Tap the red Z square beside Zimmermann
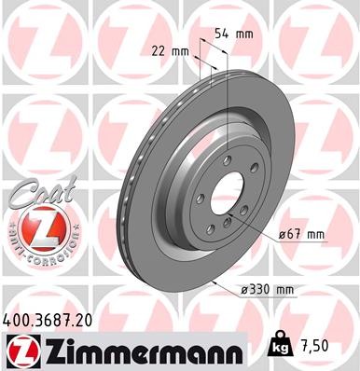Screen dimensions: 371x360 [19, 350]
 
